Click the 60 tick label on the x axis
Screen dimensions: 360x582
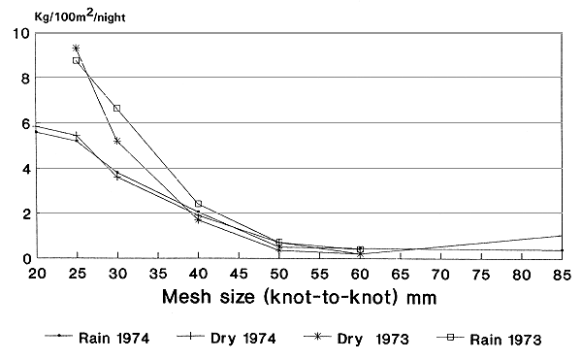360,276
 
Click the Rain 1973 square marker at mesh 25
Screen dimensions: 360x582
76,60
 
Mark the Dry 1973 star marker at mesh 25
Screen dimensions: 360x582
76,48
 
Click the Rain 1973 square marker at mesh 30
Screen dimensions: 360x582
116,108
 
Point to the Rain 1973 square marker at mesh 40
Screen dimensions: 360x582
198,204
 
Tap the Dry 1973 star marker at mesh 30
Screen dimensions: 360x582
116,141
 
